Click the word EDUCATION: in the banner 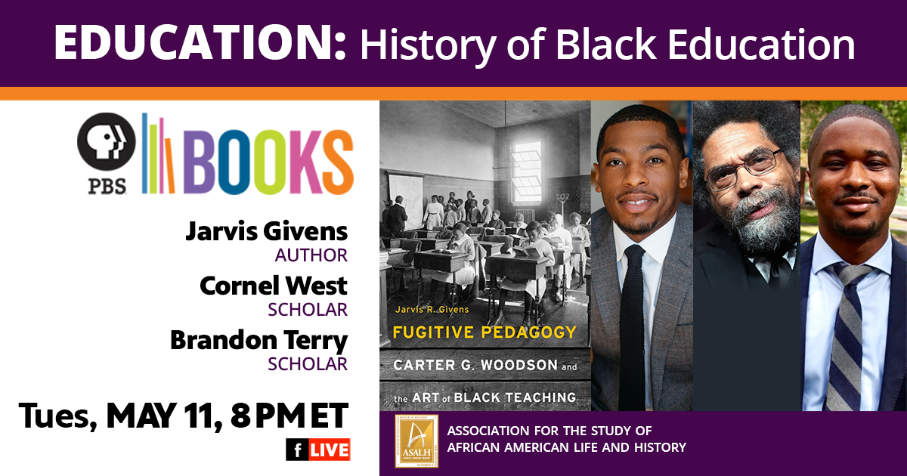200,43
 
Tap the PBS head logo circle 107,142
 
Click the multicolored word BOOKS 269,162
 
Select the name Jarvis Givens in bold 266,231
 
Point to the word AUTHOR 311,255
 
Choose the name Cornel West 274,286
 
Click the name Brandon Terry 258,341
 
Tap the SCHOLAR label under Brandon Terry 308,364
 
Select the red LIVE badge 330,450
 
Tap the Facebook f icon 298,450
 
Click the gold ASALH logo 416,440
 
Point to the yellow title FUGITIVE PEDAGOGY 484,332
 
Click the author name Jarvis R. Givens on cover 432,310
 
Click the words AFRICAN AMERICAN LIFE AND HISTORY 566,447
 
